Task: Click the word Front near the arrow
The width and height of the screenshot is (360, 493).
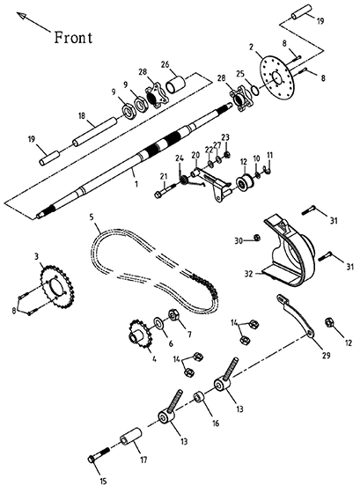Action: [73, 37]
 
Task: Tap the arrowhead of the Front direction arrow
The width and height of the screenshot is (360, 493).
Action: [21, 16]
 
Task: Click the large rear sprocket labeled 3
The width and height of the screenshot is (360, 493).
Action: [56, 287]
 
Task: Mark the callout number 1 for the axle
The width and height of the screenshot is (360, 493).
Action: [136, 184]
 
